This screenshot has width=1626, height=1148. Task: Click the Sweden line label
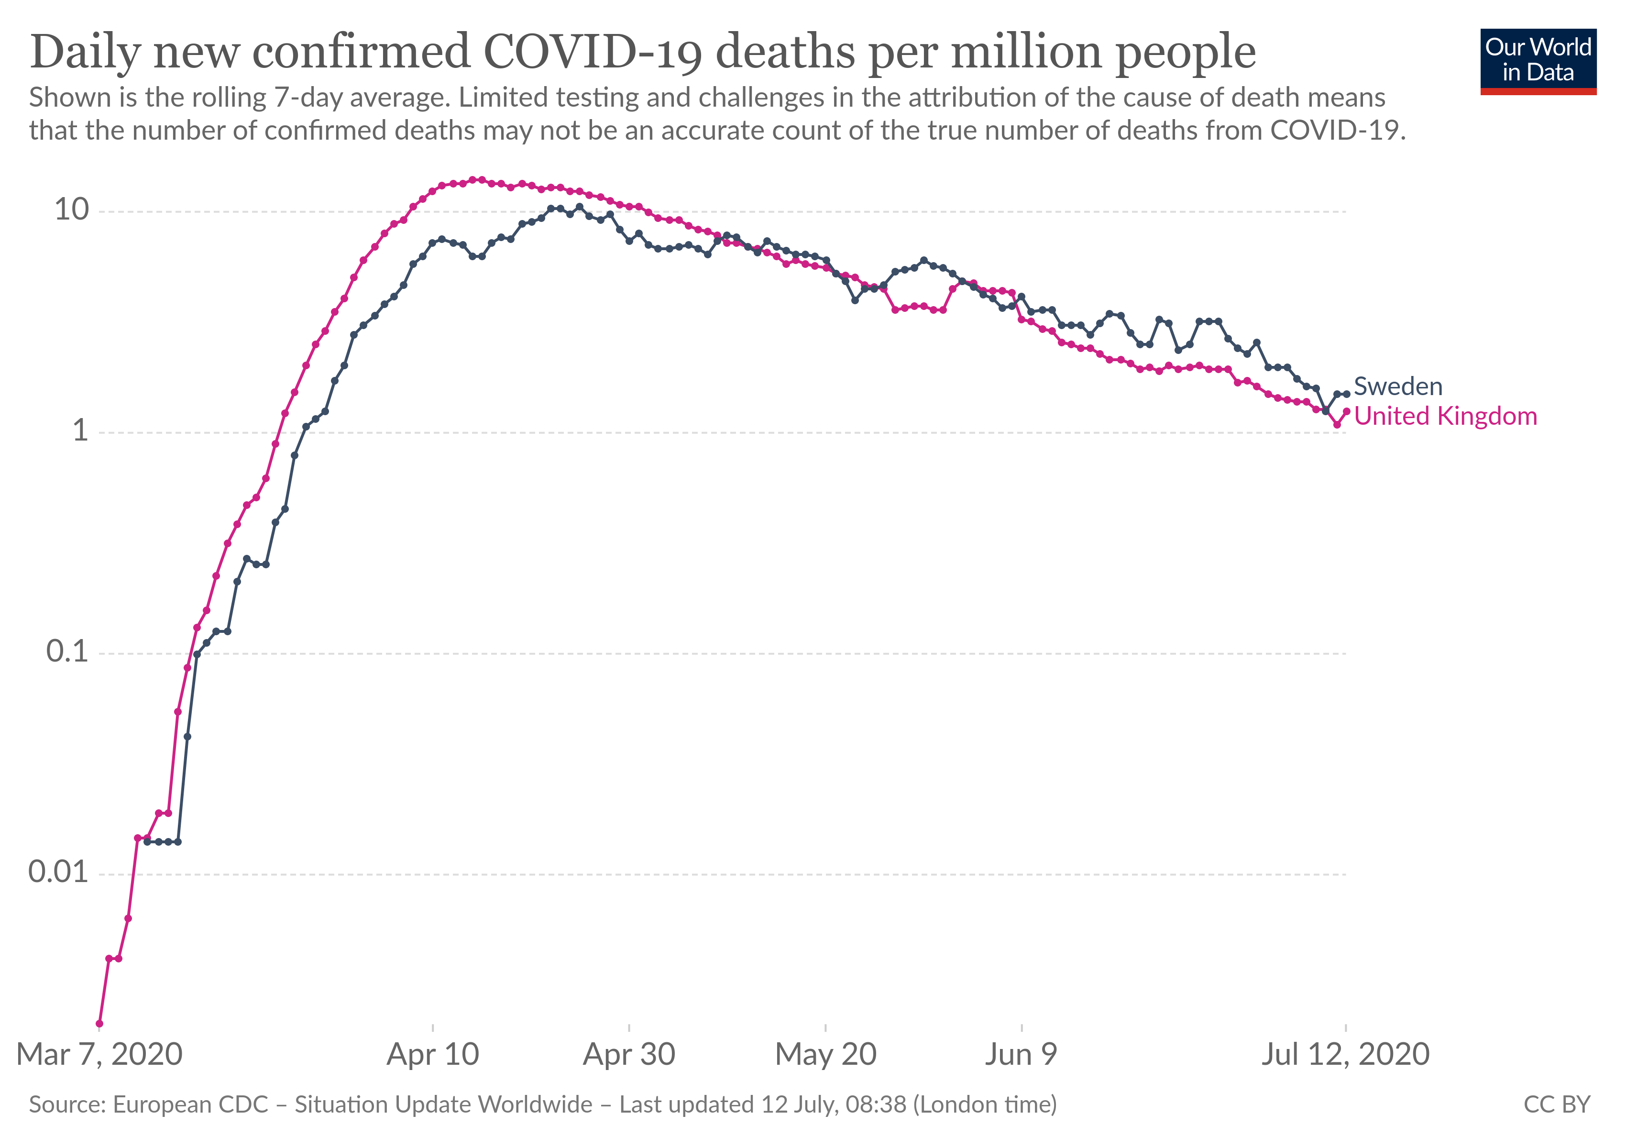click(x=1397, y=386)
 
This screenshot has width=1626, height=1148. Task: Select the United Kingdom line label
click(x=1445, y=417)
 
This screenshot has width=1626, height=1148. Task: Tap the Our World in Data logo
click(x=1538, y=61)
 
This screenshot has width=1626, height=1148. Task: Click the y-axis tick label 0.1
click(x=67, y=651)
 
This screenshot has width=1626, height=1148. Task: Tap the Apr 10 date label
click(x=433, y=1055)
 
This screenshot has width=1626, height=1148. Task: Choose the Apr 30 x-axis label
click(x=629, y=1055)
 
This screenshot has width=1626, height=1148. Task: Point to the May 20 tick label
click(x=826, y=1055)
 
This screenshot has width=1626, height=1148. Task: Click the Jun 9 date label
click(x=1021, y=1055)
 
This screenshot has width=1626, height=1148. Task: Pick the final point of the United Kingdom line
click(x=1346, y=411)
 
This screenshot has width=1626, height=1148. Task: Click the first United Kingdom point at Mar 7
click(x=99, y=1023)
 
